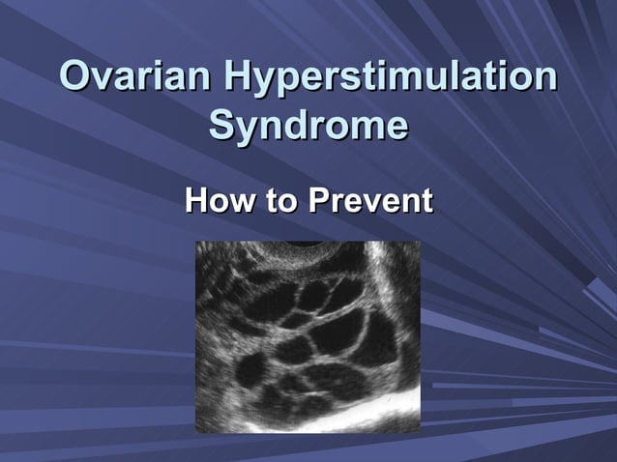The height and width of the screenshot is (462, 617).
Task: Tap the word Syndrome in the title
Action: (308, 127)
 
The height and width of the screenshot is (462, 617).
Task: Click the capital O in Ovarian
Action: (75, 77)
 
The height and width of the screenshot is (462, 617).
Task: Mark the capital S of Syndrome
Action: (222, 127)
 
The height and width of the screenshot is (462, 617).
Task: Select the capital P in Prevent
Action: (318, 202)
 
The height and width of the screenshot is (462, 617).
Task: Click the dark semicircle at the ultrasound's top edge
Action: (312, 248)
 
